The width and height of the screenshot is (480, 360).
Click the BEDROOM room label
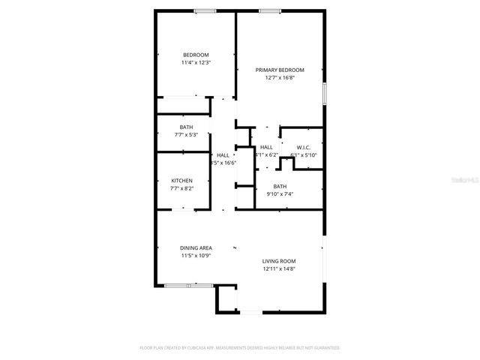click(x=196, y=55)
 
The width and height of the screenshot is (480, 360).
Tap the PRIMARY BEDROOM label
click(x=279, y=70)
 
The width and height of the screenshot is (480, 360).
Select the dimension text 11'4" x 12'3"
click(x=196, y=63)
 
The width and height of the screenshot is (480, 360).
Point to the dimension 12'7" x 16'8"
click(x=279, y=78)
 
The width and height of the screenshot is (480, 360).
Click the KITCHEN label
click(x=181, y=181)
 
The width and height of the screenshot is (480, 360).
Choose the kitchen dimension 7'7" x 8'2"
click(x=181, y=189)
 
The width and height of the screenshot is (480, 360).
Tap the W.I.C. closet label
click(x=303, y=147)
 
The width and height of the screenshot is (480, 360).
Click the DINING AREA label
click(x=196, y=248)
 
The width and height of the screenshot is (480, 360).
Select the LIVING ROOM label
click(x=279, y=261)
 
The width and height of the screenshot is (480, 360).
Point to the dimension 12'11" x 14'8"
click(x=279, y=269)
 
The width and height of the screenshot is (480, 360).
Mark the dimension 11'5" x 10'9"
click(x=196, y=256)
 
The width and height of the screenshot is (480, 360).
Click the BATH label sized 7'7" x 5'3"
click(x=186, y=127)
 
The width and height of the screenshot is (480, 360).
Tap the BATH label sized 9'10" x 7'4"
click(x=280, y=187)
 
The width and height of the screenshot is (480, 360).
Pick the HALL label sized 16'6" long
click(x=223, y=155)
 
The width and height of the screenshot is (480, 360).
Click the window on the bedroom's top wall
click(x=205, y=10)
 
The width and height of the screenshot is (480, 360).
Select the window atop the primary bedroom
click(x=270, y=10)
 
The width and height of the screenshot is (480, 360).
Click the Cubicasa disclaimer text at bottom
click(x=240, y=348)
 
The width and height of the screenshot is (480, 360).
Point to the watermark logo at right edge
click(x=472, y=180)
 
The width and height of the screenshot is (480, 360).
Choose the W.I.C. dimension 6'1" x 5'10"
click(x=304, y=155)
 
